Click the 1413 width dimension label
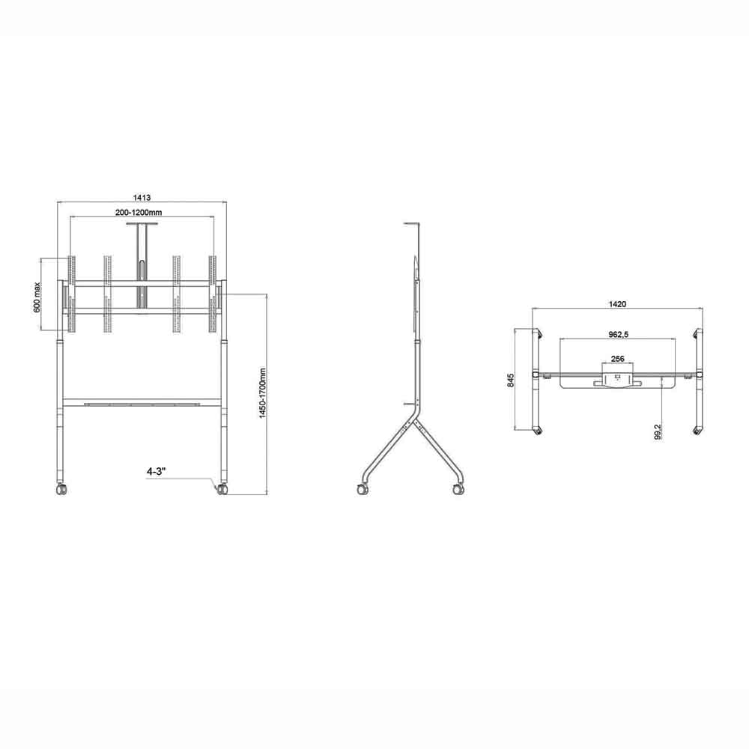click(142, 198)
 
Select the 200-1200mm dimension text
click(140, 213)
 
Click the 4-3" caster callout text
click(157, 472)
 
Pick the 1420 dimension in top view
click(617, 304)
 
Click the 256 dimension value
click(618, 360)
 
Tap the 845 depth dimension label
click(511, 380)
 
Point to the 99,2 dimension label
click(657, 431)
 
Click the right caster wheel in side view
click(455, 488)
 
